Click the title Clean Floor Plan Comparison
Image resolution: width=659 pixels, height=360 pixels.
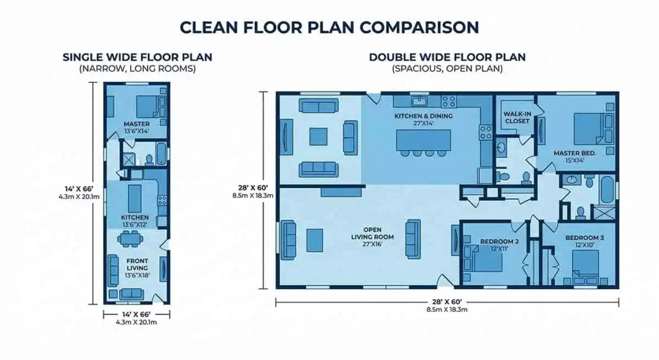point(329,26)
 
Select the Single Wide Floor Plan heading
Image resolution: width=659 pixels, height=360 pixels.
point(137,57)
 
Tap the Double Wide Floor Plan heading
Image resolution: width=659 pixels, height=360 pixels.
point(447,57)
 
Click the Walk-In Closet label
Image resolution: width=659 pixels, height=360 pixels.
point(516,117)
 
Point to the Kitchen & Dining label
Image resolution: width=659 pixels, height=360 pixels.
point(423,117)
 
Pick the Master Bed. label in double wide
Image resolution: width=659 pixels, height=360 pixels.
point(575,153)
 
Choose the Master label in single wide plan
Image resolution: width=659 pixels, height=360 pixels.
point(136,124)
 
